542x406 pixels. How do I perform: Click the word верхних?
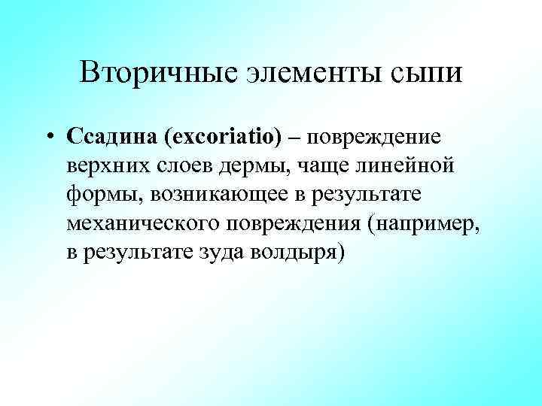point(111,166)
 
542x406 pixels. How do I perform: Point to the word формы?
point(104,195)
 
